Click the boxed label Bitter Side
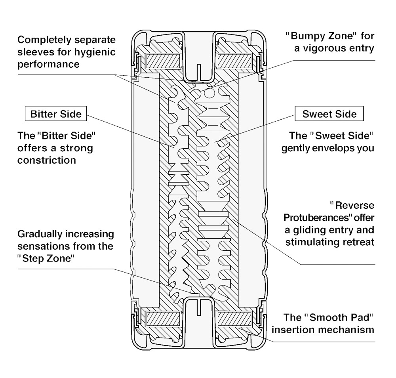click(x=56, y=114)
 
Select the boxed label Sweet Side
click(x=329, y=114)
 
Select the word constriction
click(x=47, y=160)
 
